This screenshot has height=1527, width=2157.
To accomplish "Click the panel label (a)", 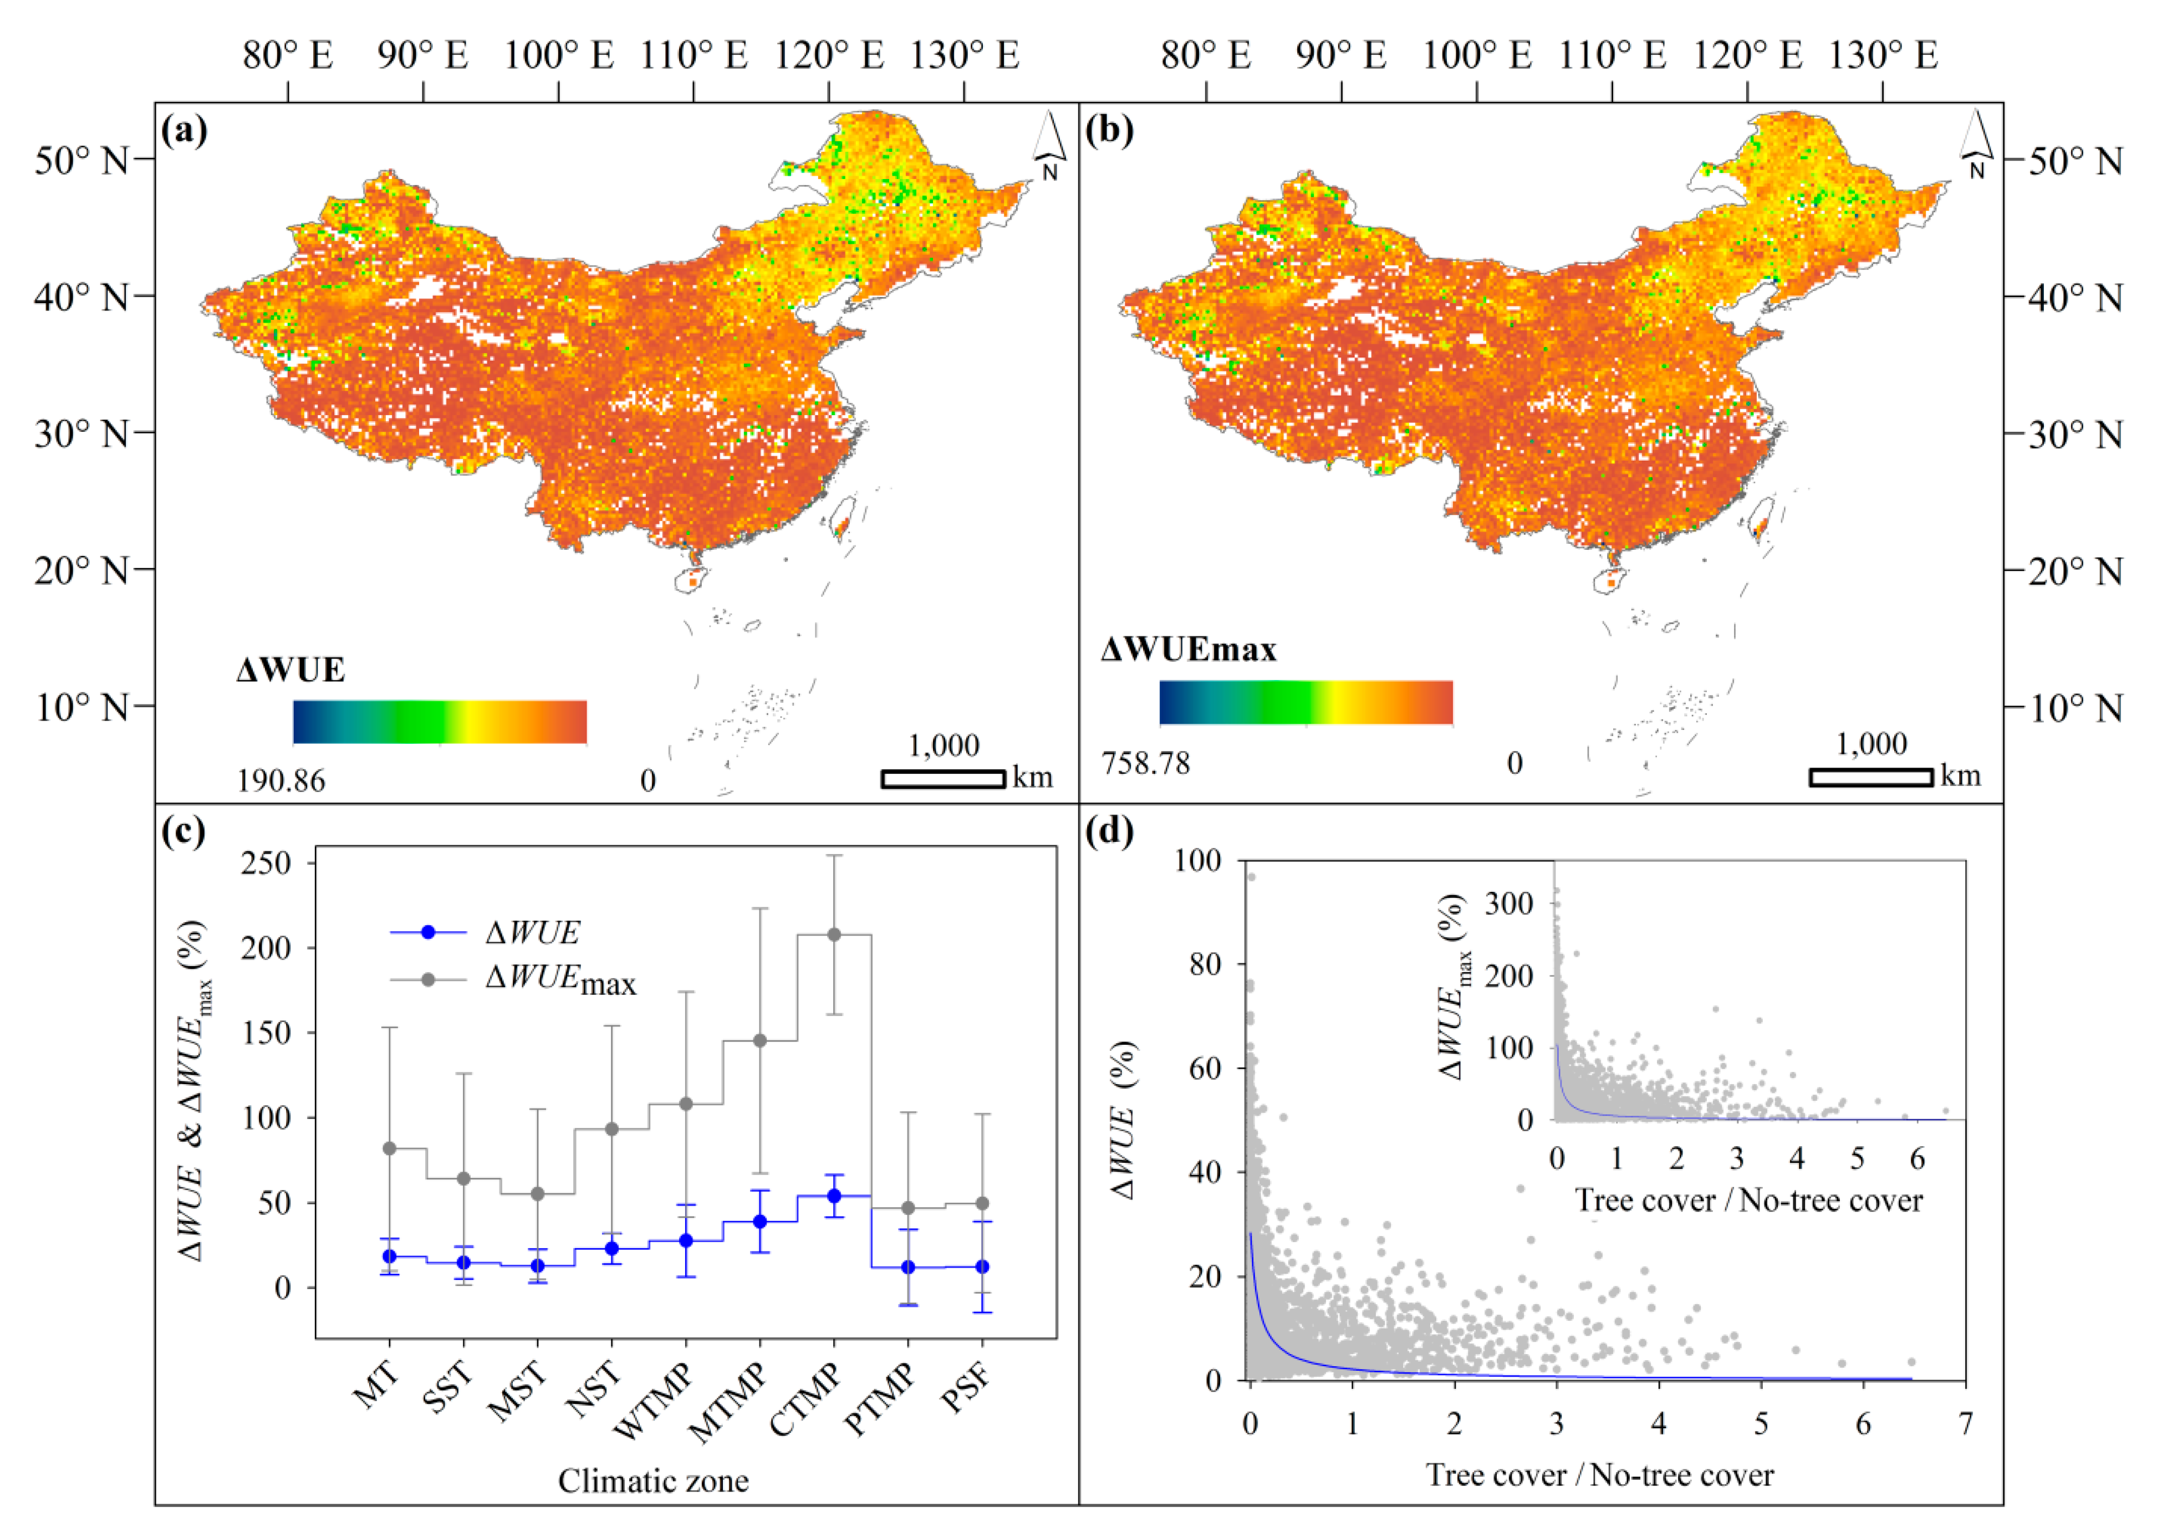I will pos(183,130).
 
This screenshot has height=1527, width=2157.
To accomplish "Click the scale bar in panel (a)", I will pos(943,779).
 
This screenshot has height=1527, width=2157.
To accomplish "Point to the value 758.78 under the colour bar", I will pos(1145,763).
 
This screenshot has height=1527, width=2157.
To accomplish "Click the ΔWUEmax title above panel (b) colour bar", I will pos(1189,650).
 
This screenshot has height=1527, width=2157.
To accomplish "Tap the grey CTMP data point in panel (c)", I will pos(833,934).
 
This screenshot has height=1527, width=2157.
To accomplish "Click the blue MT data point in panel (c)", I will pos(389,1256).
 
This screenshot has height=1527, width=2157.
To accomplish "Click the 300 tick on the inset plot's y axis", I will pos(1508,903).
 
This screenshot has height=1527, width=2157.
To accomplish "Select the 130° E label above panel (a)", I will pos(964,55).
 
